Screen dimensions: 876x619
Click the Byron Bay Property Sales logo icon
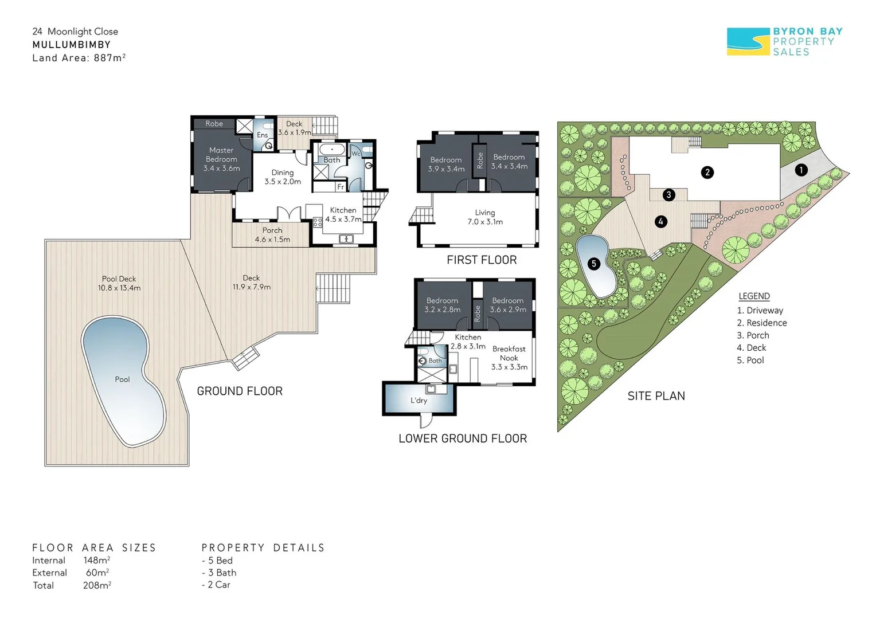pyautogui.click(x=748, y=41)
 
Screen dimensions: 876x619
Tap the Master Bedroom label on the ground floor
pyautogui.click(x=221, y=154)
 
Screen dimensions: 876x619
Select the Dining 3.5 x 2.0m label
pyautogui.click(x=283, y=177)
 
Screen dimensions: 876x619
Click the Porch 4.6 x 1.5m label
pyautogui.click(x=272, y=234)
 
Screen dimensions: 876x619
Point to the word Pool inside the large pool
pyautogui.click(x=122, y=379)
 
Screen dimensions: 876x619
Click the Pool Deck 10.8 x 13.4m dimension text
pyautogui.click(x=119, y=288)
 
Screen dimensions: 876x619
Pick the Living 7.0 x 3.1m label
pyautogui.click(x=485, y=217)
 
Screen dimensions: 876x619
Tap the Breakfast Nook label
pyautogui.click(x=509, y=353)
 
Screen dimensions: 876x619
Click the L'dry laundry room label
pyautogui.click(x=419, y=401)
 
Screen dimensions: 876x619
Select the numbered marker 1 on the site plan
pyautogui.click(x=801, y=170)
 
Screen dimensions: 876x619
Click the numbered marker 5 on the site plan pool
pyautogui.click(x=593, y=264)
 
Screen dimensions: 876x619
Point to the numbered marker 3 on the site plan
pyautogui.click(x=668, y=195)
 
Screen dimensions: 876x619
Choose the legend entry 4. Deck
pyautogui.click(x=751, y=348)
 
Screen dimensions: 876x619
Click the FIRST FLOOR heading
pyautogui.click(x=482, y=260)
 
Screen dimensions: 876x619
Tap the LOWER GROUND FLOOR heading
pyautogui.click(x=463, y=438)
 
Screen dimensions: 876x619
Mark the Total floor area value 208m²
pyautogui.click(x=97, y=585)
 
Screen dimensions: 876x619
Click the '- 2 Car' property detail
pyautogui.click(x=216, y=585)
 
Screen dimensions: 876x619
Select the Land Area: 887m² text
pyautogui.click(x=79, y=58)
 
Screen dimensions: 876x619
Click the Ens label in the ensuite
pyautogui.click(x=262, y=135)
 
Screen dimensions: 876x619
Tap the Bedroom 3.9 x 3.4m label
pyautogui.click(x=446, y=164)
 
